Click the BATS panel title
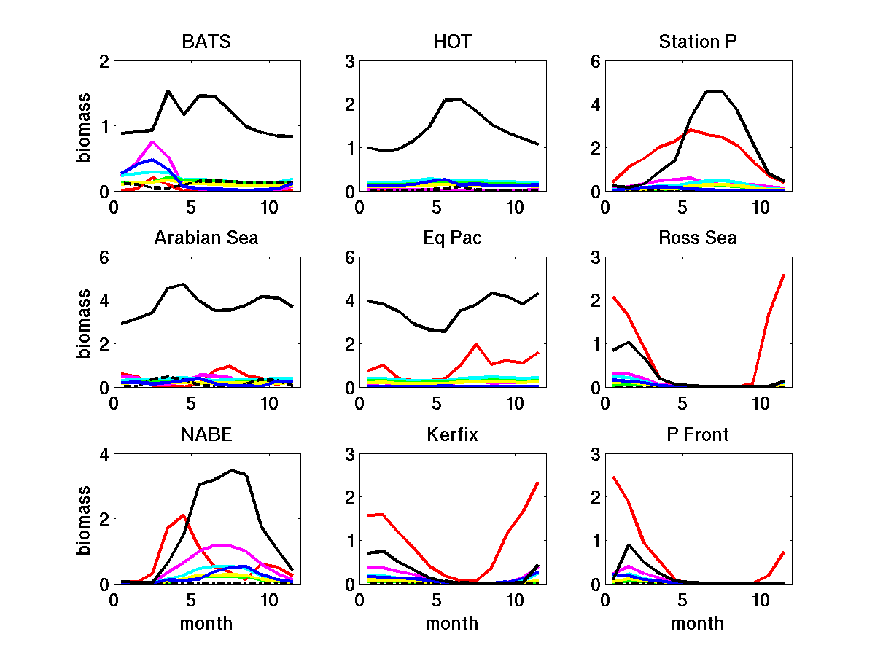[x=206, y=42]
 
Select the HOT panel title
[x=452, y=42]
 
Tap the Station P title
[x=698, y=42]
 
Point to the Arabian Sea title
[x=206, y=238]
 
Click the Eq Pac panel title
[x=452, y=238]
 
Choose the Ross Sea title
[x=698, y=238]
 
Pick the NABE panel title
[x=206, y=435]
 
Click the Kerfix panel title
[x=452, y=435]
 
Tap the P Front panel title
[x=698, y=435]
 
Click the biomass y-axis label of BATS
[x=86, y=126]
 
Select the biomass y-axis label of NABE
[x=86, y=519]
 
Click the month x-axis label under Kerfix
[x=452, y=624]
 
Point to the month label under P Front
[x=698, y=624]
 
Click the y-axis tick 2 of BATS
[x=104, y=62]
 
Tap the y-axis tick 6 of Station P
[x=595, y=62]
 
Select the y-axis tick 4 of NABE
[x=104, y=455]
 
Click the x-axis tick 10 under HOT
[x=515, y=206]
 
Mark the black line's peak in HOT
[x=459, y=99]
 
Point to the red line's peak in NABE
[x=184, y=515]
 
